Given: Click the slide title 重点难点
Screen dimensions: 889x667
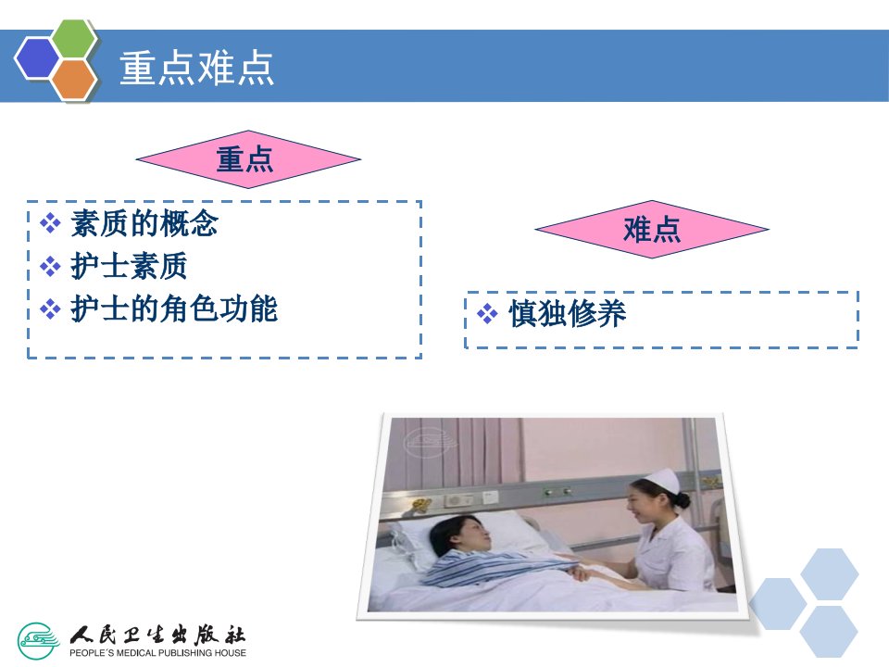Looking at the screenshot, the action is point(196,68).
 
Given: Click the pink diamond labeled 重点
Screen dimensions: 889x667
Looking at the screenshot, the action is point(248,159).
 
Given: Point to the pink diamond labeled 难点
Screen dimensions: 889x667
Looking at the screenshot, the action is point(652,230).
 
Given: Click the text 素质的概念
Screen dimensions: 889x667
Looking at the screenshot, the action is point(144,223).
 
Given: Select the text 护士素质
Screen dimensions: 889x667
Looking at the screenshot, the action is point(129,266).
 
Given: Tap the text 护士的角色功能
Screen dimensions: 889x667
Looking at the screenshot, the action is point(174,309).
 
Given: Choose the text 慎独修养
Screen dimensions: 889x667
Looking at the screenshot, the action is point(567,313).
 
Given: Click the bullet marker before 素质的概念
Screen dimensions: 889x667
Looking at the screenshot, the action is point(50,223).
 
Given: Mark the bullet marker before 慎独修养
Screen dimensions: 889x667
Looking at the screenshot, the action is point(487,313).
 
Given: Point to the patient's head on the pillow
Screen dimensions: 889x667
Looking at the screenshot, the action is point(460,536).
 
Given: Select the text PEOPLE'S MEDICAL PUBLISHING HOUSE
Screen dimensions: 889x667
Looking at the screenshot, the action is point(157,653).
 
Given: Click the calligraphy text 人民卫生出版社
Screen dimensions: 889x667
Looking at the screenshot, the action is point(157,635).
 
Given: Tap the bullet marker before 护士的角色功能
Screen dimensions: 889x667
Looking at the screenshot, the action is point(50,309).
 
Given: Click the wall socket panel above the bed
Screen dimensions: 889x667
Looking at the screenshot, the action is point(458,500).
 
